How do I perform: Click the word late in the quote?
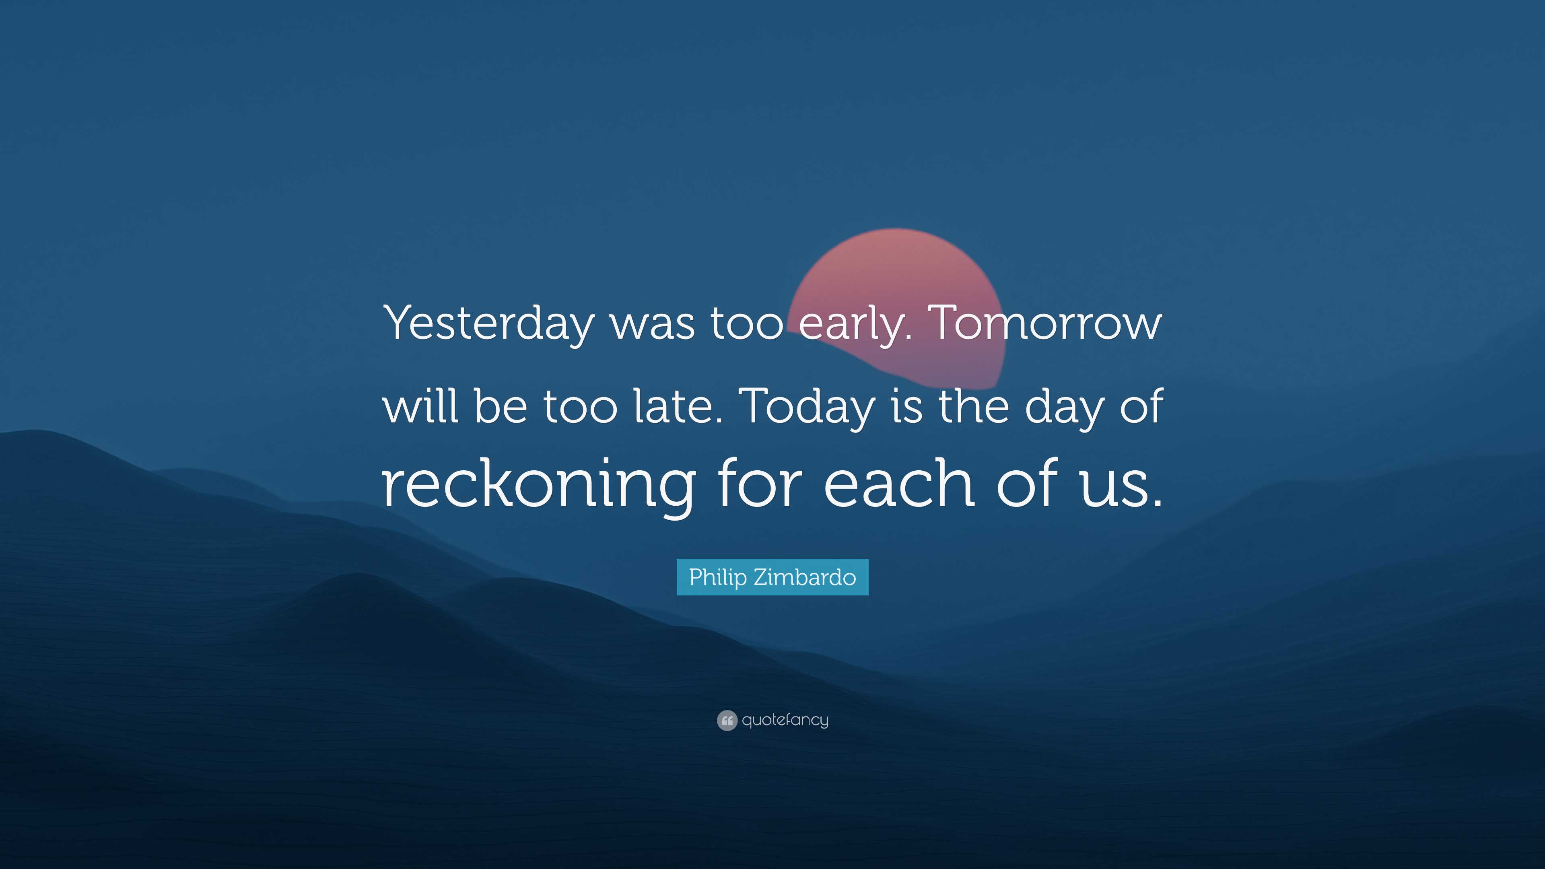point(678,407)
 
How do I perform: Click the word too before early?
point(747,324)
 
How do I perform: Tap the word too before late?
point(579,407)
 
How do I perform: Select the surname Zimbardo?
point(804,578)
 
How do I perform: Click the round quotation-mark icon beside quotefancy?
point(726,720)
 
